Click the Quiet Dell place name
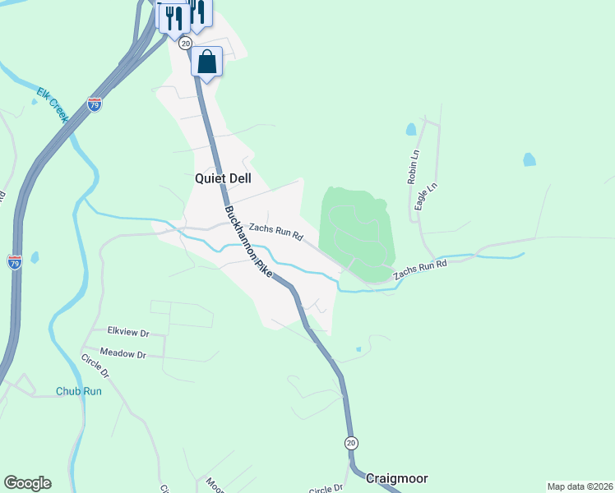click(222, 177)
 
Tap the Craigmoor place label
click(396, 477)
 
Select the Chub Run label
click(79, 391)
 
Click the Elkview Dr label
click(127, 333)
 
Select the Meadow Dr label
click(124, 355)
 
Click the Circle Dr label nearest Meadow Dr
click(95, 366)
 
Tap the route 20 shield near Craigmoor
click(351, 442)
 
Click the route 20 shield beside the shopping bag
click(185, 42)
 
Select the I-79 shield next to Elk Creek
click(95, 104)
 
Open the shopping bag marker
click(206, 62)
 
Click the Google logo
click(27, 483)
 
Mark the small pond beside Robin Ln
click(410, 129)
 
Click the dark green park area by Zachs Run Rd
click(358, 230)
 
